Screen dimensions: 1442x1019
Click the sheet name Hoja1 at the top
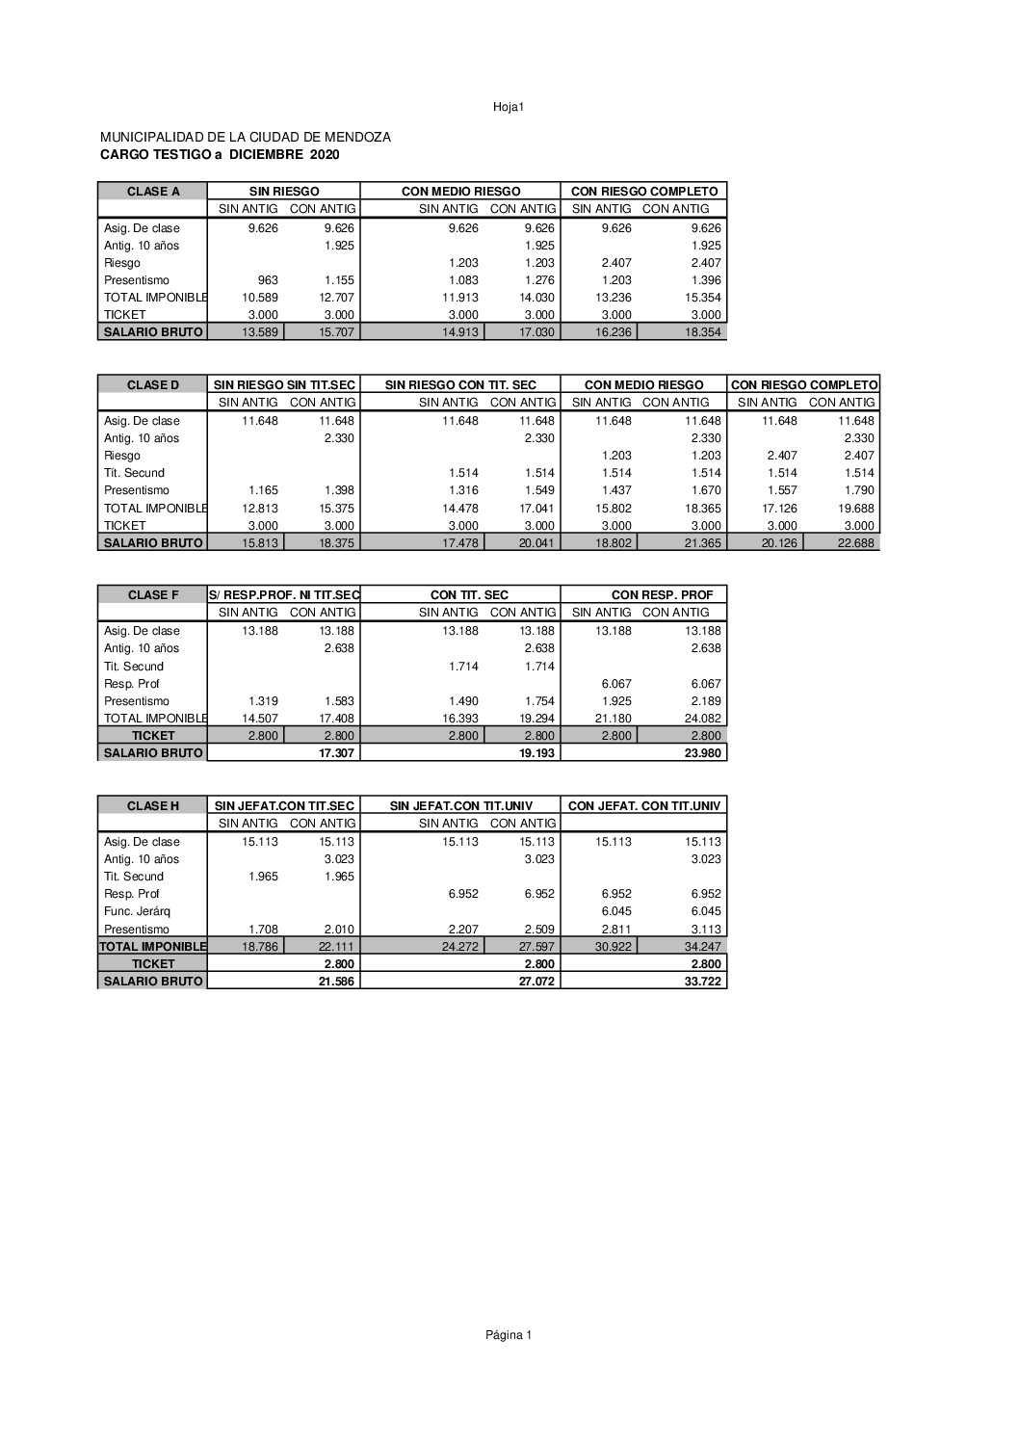508,107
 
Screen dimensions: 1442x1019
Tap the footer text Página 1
508,1334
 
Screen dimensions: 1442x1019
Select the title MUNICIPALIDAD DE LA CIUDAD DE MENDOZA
246,138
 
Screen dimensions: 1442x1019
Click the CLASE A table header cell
153,192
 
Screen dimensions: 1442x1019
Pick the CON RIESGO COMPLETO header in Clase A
644,192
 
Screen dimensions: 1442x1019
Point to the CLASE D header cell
153,385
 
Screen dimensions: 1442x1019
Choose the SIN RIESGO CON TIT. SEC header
460,385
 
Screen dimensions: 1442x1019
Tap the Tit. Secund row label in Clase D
134,473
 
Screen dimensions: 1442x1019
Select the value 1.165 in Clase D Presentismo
262,490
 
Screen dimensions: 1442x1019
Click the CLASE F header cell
153,595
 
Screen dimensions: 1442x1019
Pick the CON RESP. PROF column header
663,595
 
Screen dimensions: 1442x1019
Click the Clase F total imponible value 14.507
260,719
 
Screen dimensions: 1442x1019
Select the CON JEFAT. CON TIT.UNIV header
644,805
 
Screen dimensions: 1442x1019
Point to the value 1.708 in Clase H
262,930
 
